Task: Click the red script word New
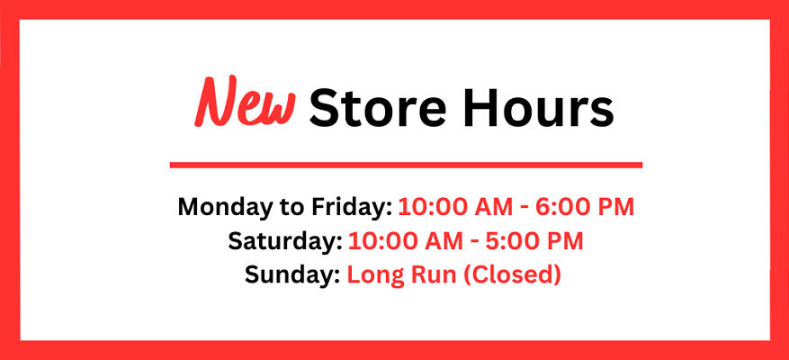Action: tap(245, 102)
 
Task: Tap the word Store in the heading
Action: tap(377, 108)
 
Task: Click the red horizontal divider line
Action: tap(406, 165)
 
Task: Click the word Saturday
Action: tap(285, 241)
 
